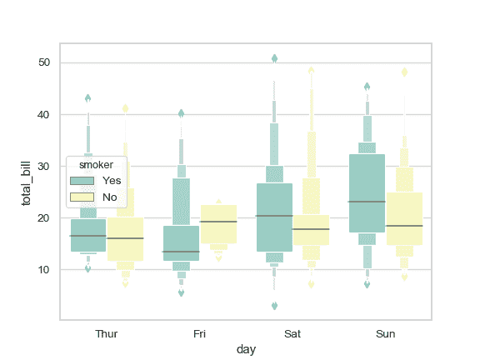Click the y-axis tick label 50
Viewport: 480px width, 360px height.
click(44, 62)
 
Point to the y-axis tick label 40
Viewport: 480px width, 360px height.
click(44, 114)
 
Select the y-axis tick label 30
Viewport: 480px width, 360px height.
click(44, 166)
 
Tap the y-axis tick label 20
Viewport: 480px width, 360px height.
click(44, 217)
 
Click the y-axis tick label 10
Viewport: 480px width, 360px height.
click(44, 269)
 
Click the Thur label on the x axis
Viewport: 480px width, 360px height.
click(107, 334)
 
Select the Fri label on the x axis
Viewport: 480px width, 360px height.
click(199, 334)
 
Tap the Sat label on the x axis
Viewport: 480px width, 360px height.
click(292, 334)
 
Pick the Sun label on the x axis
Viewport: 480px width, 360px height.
click(385, 334)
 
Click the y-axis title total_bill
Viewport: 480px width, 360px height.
click(26, 181)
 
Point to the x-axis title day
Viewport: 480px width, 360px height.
click(246, 350)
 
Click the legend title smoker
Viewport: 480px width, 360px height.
click(96, 164)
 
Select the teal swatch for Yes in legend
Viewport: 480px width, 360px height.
click(82, 180)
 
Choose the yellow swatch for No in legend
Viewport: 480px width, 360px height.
click(82, 197)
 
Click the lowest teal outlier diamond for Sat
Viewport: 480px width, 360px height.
click(274, 306)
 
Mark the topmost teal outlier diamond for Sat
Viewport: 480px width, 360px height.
click(274, 58)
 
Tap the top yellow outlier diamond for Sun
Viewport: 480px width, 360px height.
click(404, 72)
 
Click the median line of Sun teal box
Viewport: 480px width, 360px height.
click(367, 202)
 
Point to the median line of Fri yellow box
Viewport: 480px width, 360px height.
click(218, 222)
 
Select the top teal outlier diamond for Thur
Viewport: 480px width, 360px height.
click(87, 98)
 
